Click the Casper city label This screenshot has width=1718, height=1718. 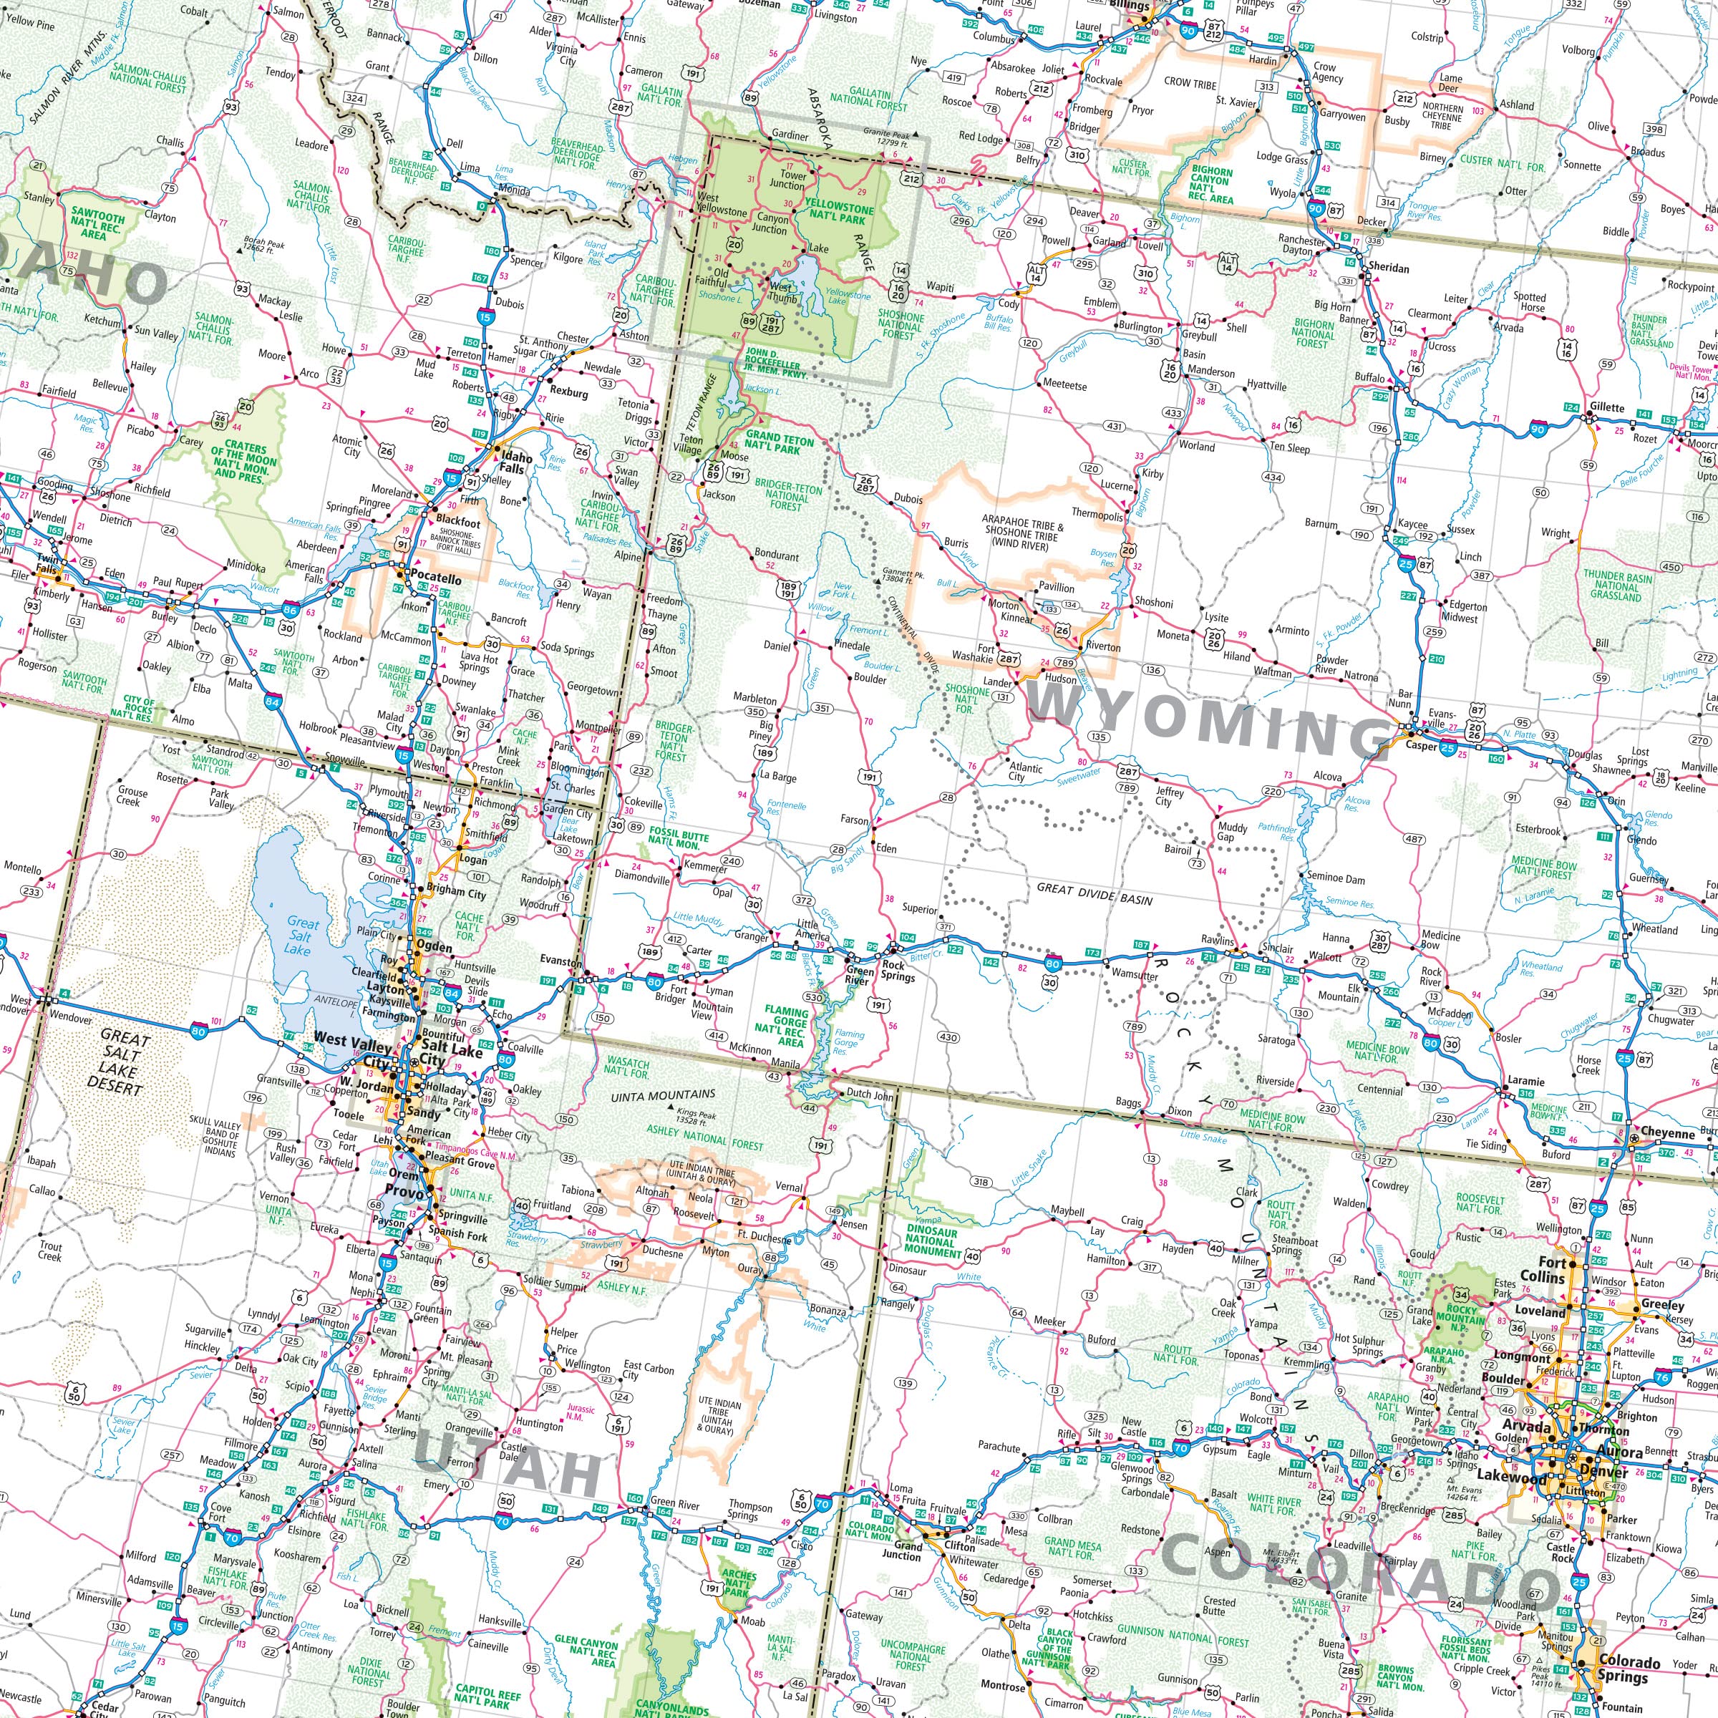1420,746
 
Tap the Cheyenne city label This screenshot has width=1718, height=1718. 1668,1133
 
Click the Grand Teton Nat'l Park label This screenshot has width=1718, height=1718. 779,444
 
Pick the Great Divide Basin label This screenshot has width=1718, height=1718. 1094,899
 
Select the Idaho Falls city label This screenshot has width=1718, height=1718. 515,463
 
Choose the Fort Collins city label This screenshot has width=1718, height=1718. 1552,1270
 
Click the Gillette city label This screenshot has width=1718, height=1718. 1608,407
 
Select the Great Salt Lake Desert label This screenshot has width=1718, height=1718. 118,1061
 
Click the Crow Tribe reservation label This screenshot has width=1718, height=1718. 1190,83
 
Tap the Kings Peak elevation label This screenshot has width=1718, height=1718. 697,1116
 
